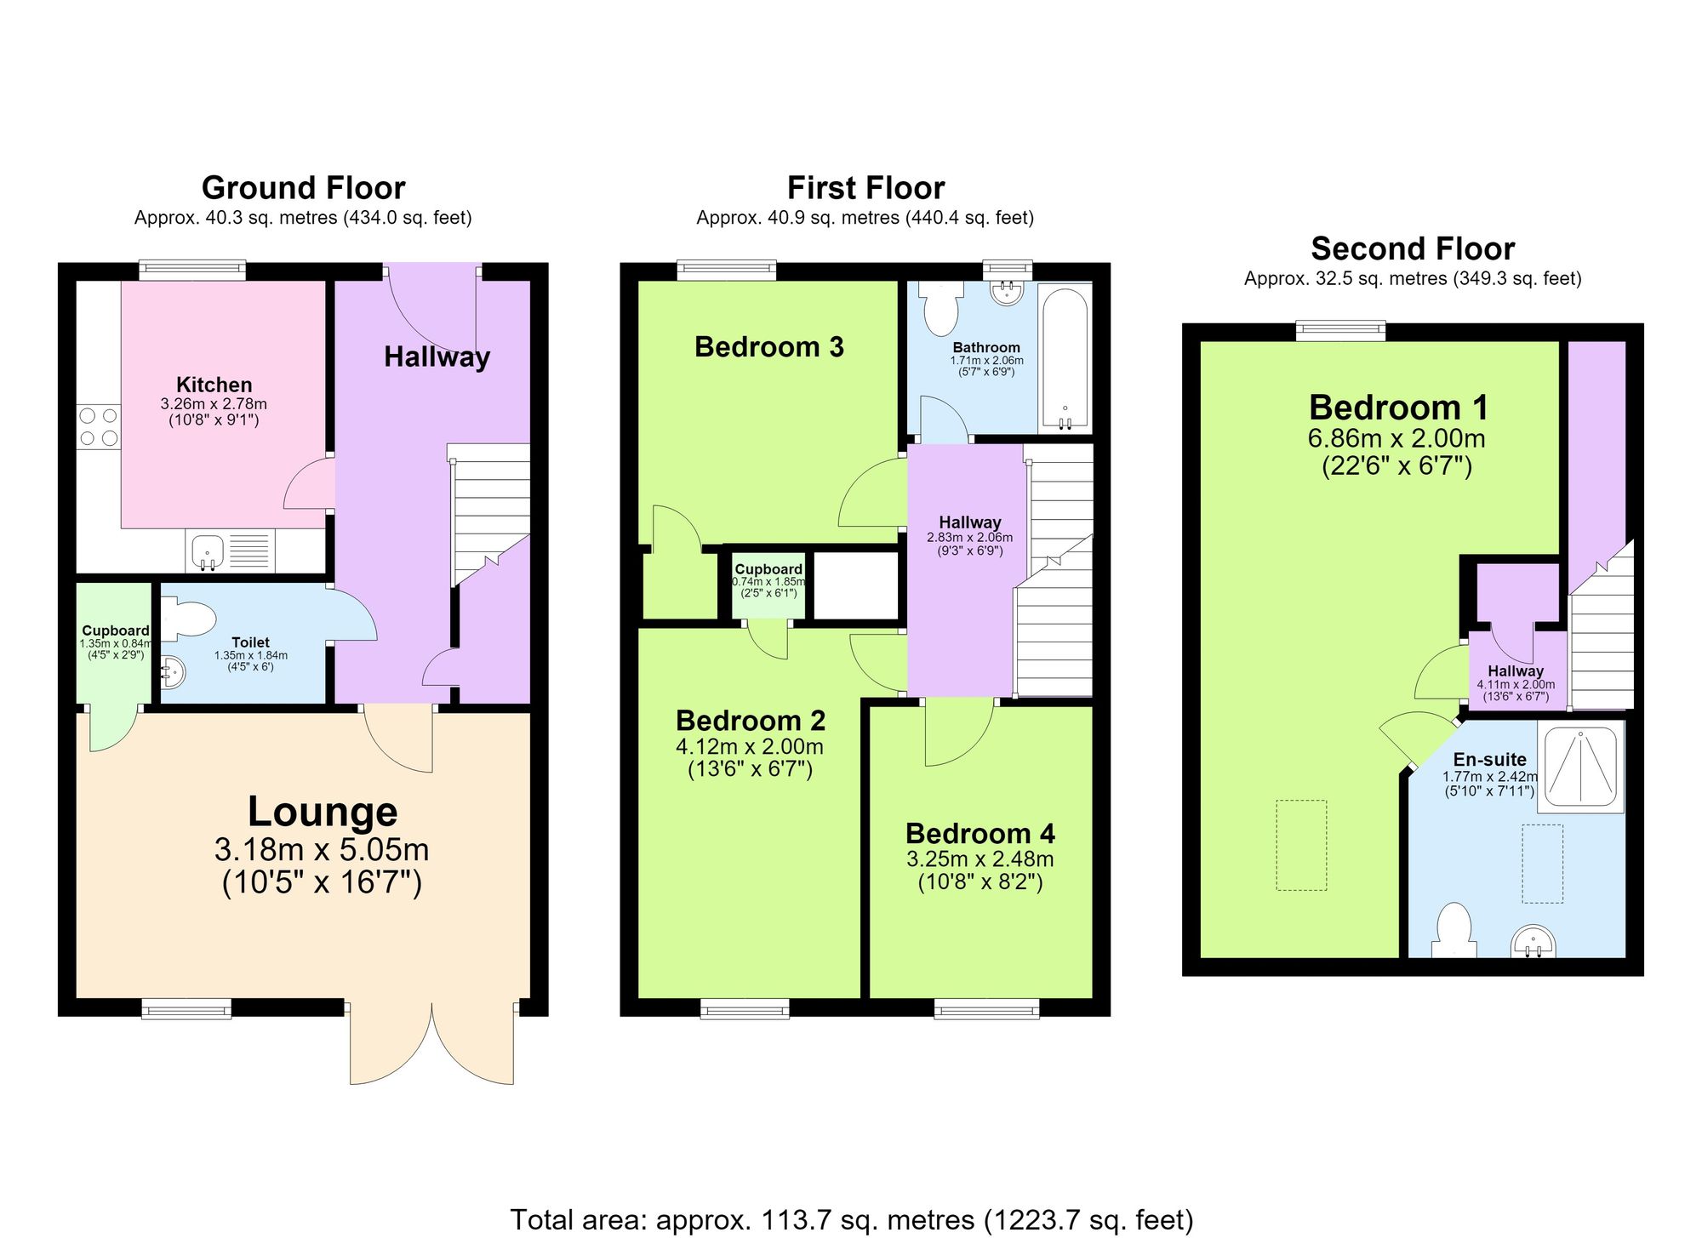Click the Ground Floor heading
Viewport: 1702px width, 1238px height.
click(x=303, y=187)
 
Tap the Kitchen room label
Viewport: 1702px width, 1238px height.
click(x=214, y=385)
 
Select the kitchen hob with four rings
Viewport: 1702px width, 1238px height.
click(x=99, y=427)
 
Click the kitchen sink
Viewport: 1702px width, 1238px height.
click(x=207, y=551)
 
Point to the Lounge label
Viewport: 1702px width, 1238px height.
click(x=323, y=811)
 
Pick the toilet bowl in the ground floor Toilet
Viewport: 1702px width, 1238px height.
click(x=187, y=620)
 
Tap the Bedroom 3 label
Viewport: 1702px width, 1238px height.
click(x=769, y=346)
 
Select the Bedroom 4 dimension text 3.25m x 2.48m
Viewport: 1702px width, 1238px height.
click(x=980, y=859)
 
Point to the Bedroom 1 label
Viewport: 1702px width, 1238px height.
click(x=1399, y=408)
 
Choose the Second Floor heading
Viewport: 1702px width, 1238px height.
click(x=1413, y=248)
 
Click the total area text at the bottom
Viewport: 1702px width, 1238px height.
click(x=851, y=1219)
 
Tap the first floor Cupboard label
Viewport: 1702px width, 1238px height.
click(x=768, y=569)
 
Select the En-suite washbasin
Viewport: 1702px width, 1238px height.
click(x=1533, y=943)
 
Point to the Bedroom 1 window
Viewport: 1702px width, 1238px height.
click(x=1340, y=331)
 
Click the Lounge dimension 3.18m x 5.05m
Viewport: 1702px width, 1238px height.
click(x=322, y=849)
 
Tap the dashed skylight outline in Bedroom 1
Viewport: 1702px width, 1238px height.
click(x=1301, y=845)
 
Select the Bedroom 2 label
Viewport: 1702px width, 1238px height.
click(x=751, y=721)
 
